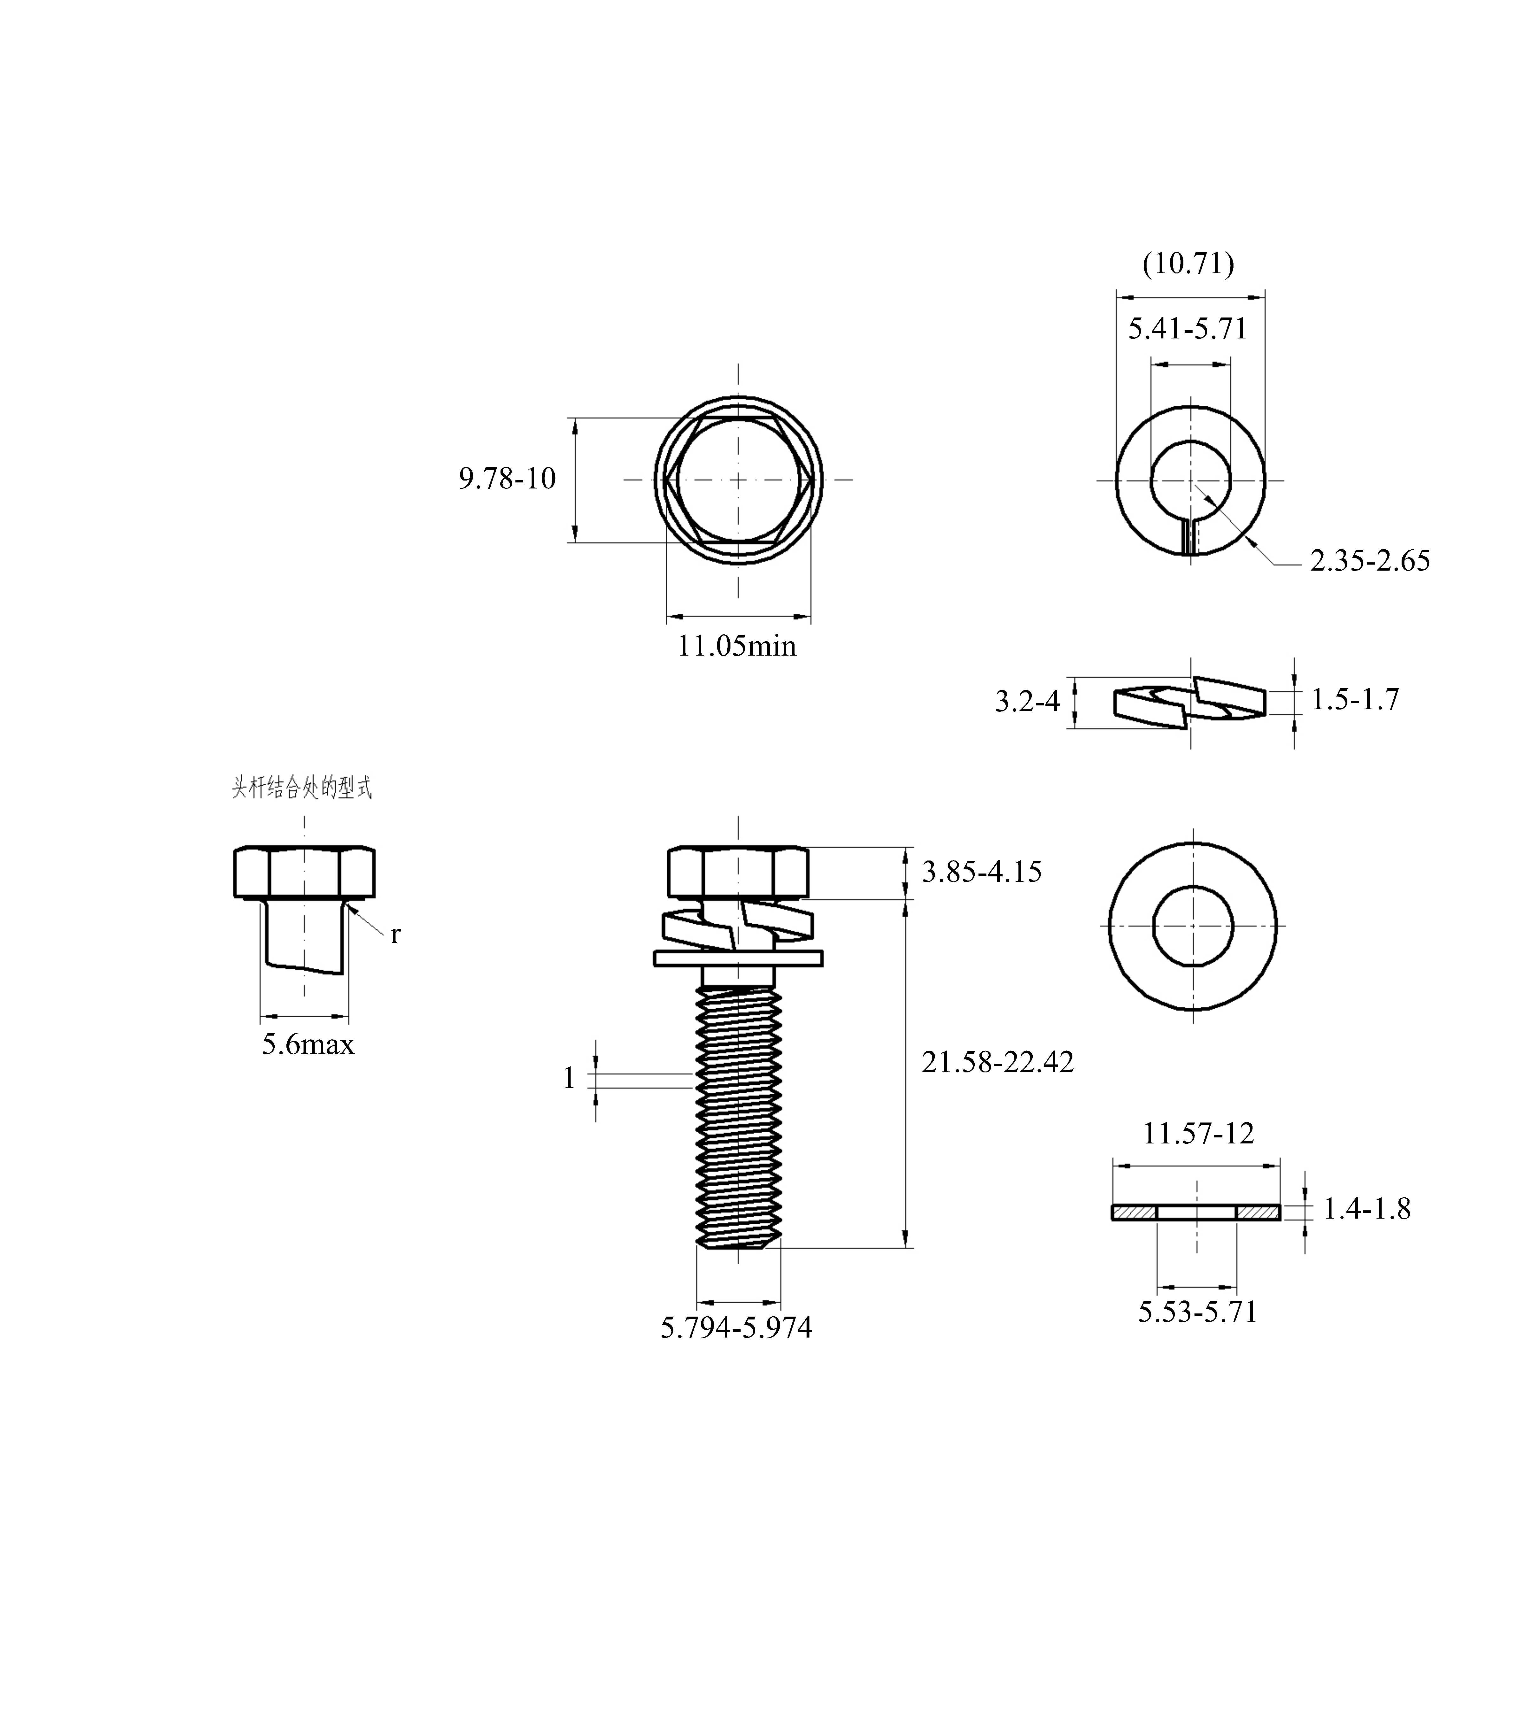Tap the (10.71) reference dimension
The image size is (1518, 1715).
[1188, 264]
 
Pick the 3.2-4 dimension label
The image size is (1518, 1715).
[1028, 701]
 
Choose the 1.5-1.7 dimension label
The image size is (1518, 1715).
[1355, 699]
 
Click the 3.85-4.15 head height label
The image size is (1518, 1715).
[982, 872]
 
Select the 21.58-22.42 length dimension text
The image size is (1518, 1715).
[998, 1062]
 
